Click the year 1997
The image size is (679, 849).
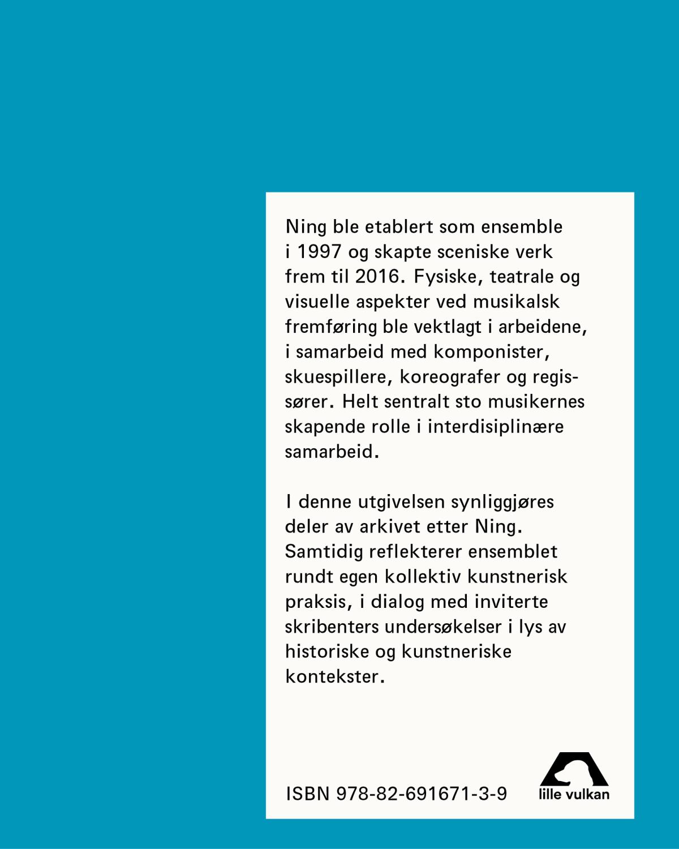click(319, 252)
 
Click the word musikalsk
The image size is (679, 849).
click(516, 302)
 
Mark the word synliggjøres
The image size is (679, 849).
click(502, 502)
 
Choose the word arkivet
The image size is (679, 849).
click(390, 527)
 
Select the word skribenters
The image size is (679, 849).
click(332, 627)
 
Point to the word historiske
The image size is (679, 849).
click(326, 651)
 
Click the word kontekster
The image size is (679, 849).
click(333, 677)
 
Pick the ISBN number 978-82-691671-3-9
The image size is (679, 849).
click(422, 794)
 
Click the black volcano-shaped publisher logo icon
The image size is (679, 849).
click(574, 769)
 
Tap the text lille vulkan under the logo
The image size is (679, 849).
click(574, 795)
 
